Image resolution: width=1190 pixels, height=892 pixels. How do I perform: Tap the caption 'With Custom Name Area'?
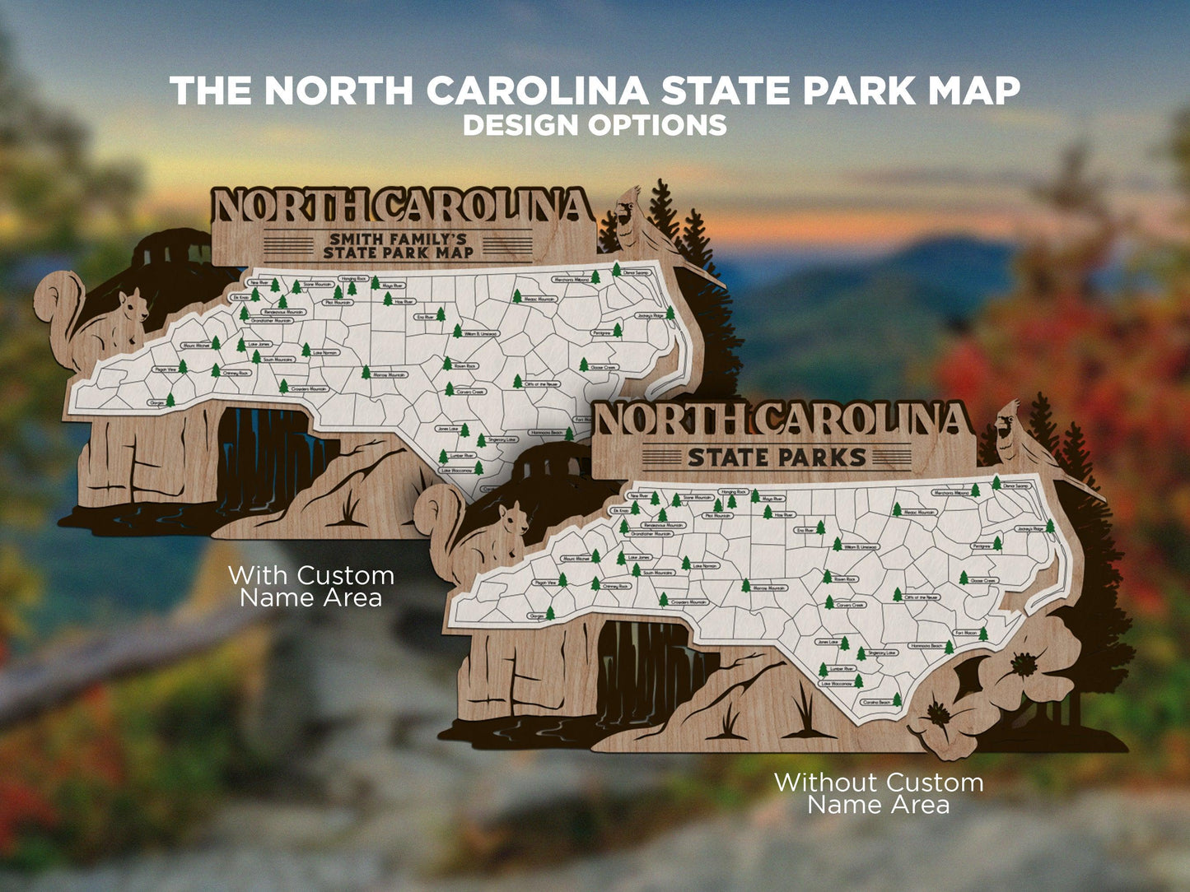click(310, 586)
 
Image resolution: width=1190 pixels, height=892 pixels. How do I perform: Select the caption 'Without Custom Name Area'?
click(878, 793)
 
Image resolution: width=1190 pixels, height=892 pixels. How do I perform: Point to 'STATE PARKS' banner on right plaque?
click(776, 457)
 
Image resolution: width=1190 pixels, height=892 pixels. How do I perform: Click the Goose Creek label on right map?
click(983, 580)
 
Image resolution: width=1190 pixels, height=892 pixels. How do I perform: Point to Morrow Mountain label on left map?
click(390, 374)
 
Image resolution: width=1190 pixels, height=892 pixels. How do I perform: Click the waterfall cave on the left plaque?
click(264, 461)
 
